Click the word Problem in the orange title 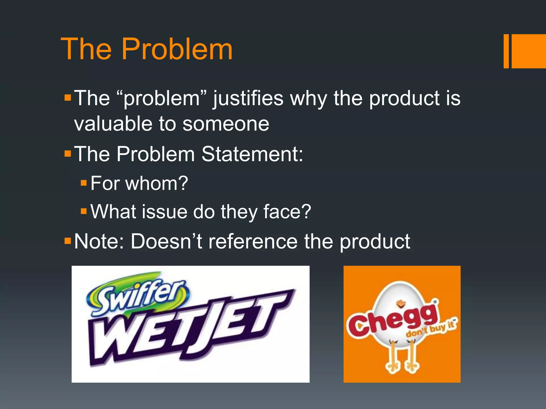[x=177, y=50]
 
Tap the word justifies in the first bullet [x=248, y=99]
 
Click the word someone [x=226, y=124]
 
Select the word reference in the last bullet [x=252, y=242]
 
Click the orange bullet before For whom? [x=84, y=183]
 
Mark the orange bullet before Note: [x=68, y=241]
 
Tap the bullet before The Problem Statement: [x=68, y=153]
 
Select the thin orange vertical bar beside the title [x=506, y=51]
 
